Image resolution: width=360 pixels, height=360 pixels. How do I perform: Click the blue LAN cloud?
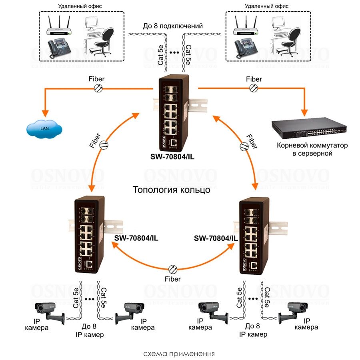tap(44, 129)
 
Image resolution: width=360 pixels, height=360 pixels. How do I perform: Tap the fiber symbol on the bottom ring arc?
tap(173, 268)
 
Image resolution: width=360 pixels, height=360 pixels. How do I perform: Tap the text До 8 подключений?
tap(173, 26)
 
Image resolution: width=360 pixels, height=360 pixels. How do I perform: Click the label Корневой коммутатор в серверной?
tap(312, 149)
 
